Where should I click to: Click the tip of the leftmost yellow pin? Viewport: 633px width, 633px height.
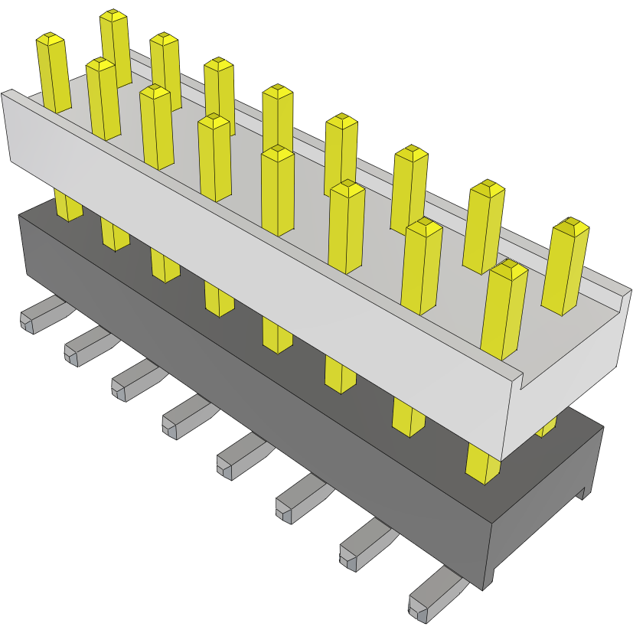click(x=50, y=39)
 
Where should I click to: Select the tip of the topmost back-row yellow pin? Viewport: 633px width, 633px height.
click(x=113, y=16)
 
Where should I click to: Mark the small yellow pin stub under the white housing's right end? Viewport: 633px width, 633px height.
click(x=547, y=429)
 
